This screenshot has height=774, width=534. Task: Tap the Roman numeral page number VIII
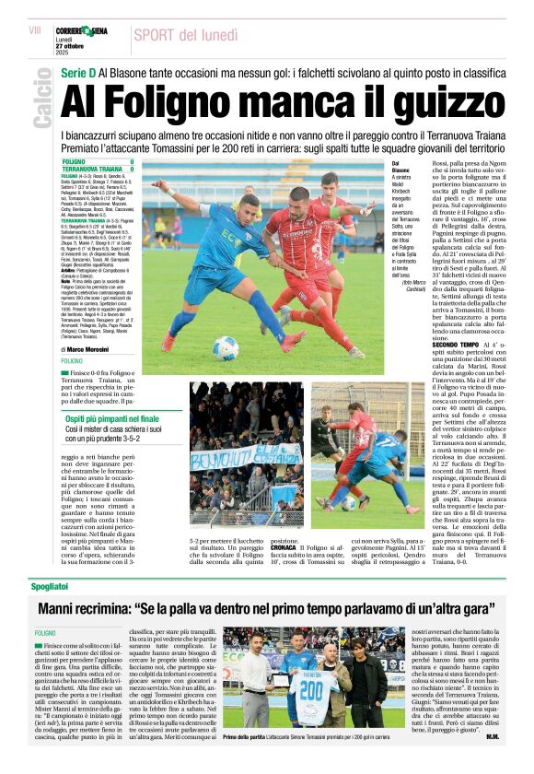tap(35, 30)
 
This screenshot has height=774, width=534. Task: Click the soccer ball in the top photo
tap(225, 347)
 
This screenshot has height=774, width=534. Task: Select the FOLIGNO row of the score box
tap(97, 162)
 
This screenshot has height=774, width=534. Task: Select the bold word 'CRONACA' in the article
tap(277, 546)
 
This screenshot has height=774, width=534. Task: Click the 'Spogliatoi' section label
tap(51, 586)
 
